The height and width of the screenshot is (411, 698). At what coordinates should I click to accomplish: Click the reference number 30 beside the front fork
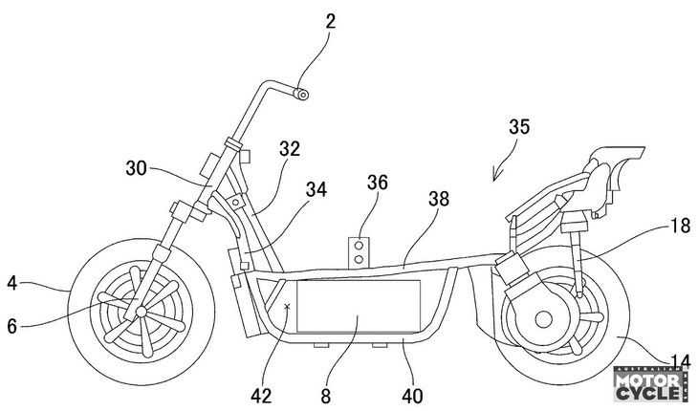pyautogui.click(x=138, y=166)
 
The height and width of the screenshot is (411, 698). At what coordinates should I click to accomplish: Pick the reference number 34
pyautogui.click(x=315, y=190)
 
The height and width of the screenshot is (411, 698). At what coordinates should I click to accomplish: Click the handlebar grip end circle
pyautogui.click(x=301, y=93)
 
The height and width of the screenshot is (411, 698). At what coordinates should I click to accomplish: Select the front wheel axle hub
pyautogui.click(x=141, y=312)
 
